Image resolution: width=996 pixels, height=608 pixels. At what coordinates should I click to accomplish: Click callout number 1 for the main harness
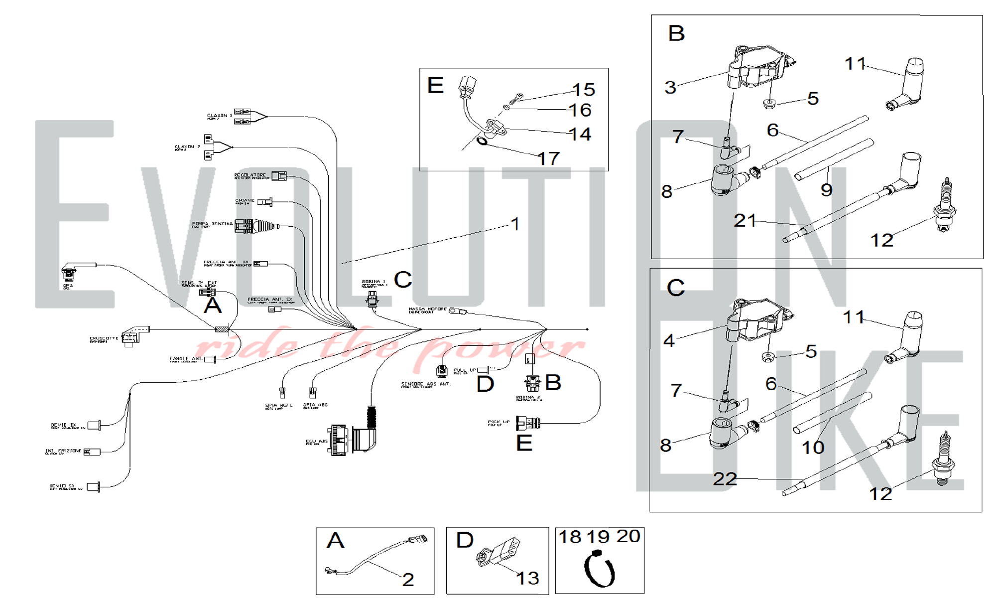coord(515,224)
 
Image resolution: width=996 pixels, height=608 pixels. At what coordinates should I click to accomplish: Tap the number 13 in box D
coord(527,578)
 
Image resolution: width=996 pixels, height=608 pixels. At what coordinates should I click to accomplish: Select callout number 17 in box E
coord(549,158)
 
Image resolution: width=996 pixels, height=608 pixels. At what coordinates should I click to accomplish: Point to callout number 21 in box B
coord(745,220)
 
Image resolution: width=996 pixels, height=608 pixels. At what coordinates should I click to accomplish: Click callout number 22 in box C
coord(725,479)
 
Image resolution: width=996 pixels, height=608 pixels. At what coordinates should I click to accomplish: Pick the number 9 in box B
coord(826,190)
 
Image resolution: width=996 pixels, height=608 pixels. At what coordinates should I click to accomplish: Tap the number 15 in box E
coord(584,90)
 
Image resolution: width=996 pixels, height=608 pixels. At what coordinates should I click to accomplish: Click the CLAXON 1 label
coord(219,116)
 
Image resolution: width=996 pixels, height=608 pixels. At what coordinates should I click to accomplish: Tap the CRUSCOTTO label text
coord(104,338)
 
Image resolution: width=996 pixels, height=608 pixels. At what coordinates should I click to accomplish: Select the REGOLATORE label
coord(250,175)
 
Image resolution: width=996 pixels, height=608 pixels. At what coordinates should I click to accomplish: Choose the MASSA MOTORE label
coord(427,309)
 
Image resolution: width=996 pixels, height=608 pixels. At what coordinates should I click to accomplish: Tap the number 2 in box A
coord(408,579)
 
